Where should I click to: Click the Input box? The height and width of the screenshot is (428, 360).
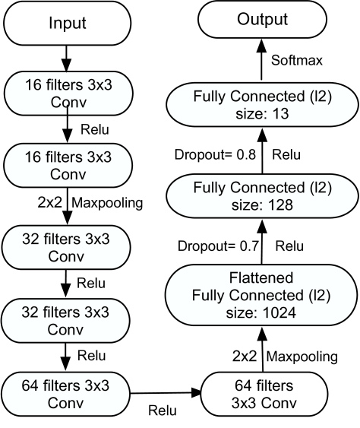(x=67, y=23)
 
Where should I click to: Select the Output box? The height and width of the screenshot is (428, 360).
(x=262, y=19)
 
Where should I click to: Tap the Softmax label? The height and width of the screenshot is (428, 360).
(x=297, y=60)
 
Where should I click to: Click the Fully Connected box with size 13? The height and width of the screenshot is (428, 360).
(x=262, y=105)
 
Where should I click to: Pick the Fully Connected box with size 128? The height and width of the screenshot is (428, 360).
(x=262, y=196)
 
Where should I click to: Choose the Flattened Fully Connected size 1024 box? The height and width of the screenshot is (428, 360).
(x=261, y=295)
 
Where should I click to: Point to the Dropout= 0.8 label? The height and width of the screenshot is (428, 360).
(x=215, y=155)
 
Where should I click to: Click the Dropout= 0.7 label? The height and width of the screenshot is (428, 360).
(x=218, y=246)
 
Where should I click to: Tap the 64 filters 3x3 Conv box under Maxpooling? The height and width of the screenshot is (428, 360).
(x=264, y=395)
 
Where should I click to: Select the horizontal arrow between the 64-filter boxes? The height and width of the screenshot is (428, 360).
(x=166, y=393)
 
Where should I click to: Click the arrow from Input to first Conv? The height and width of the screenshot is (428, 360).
(x=66, y=59)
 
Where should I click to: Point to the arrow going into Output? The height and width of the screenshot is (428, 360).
(x=262, y=59)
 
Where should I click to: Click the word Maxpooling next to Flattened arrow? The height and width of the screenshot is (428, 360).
(x=302, y=357)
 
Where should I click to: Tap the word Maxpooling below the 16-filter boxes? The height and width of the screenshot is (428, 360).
(x=107, y=203)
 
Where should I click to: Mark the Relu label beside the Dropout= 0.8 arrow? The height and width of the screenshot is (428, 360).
(x=286, y=155)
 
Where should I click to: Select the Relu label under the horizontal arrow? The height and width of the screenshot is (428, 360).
(x=163, y=411)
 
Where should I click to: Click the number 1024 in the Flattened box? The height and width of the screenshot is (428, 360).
(x=279, y=312)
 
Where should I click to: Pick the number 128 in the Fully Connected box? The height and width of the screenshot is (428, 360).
(x=280, y=204)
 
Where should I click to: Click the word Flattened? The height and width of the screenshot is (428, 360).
(x=261, y=278)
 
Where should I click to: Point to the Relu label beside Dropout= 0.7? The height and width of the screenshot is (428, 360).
(x=289, y=246)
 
